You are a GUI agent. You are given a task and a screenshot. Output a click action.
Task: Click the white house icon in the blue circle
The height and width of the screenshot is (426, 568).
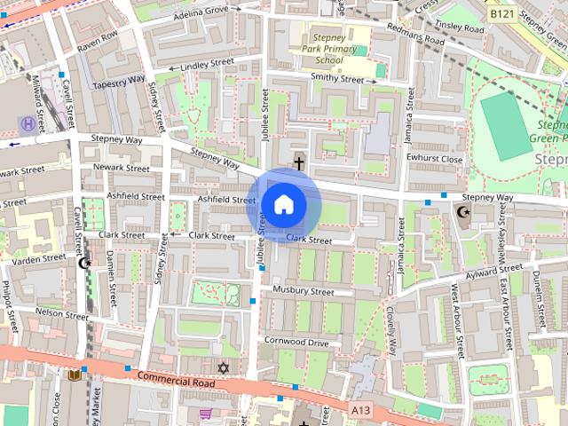(x=283, y=205)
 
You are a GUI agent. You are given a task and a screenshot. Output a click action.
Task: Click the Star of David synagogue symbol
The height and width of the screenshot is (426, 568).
(x=223, y=367)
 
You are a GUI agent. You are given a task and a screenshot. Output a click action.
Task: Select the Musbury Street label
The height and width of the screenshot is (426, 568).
(x=303, y=291)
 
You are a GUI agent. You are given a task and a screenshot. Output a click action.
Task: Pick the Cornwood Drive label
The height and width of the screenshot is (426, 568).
(x=296, y=342)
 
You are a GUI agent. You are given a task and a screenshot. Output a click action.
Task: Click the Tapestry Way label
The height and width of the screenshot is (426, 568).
(x=117, y=80)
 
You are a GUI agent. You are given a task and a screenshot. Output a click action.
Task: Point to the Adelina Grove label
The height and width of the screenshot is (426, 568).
(x=201, y=10)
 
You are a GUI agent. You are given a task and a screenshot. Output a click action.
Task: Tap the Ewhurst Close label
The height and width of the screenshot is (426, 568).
(x=435, y=159)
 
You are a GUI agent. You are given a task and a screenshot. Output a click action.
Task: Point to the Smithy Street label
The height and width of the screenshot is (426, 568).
(x=337, y=79)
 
